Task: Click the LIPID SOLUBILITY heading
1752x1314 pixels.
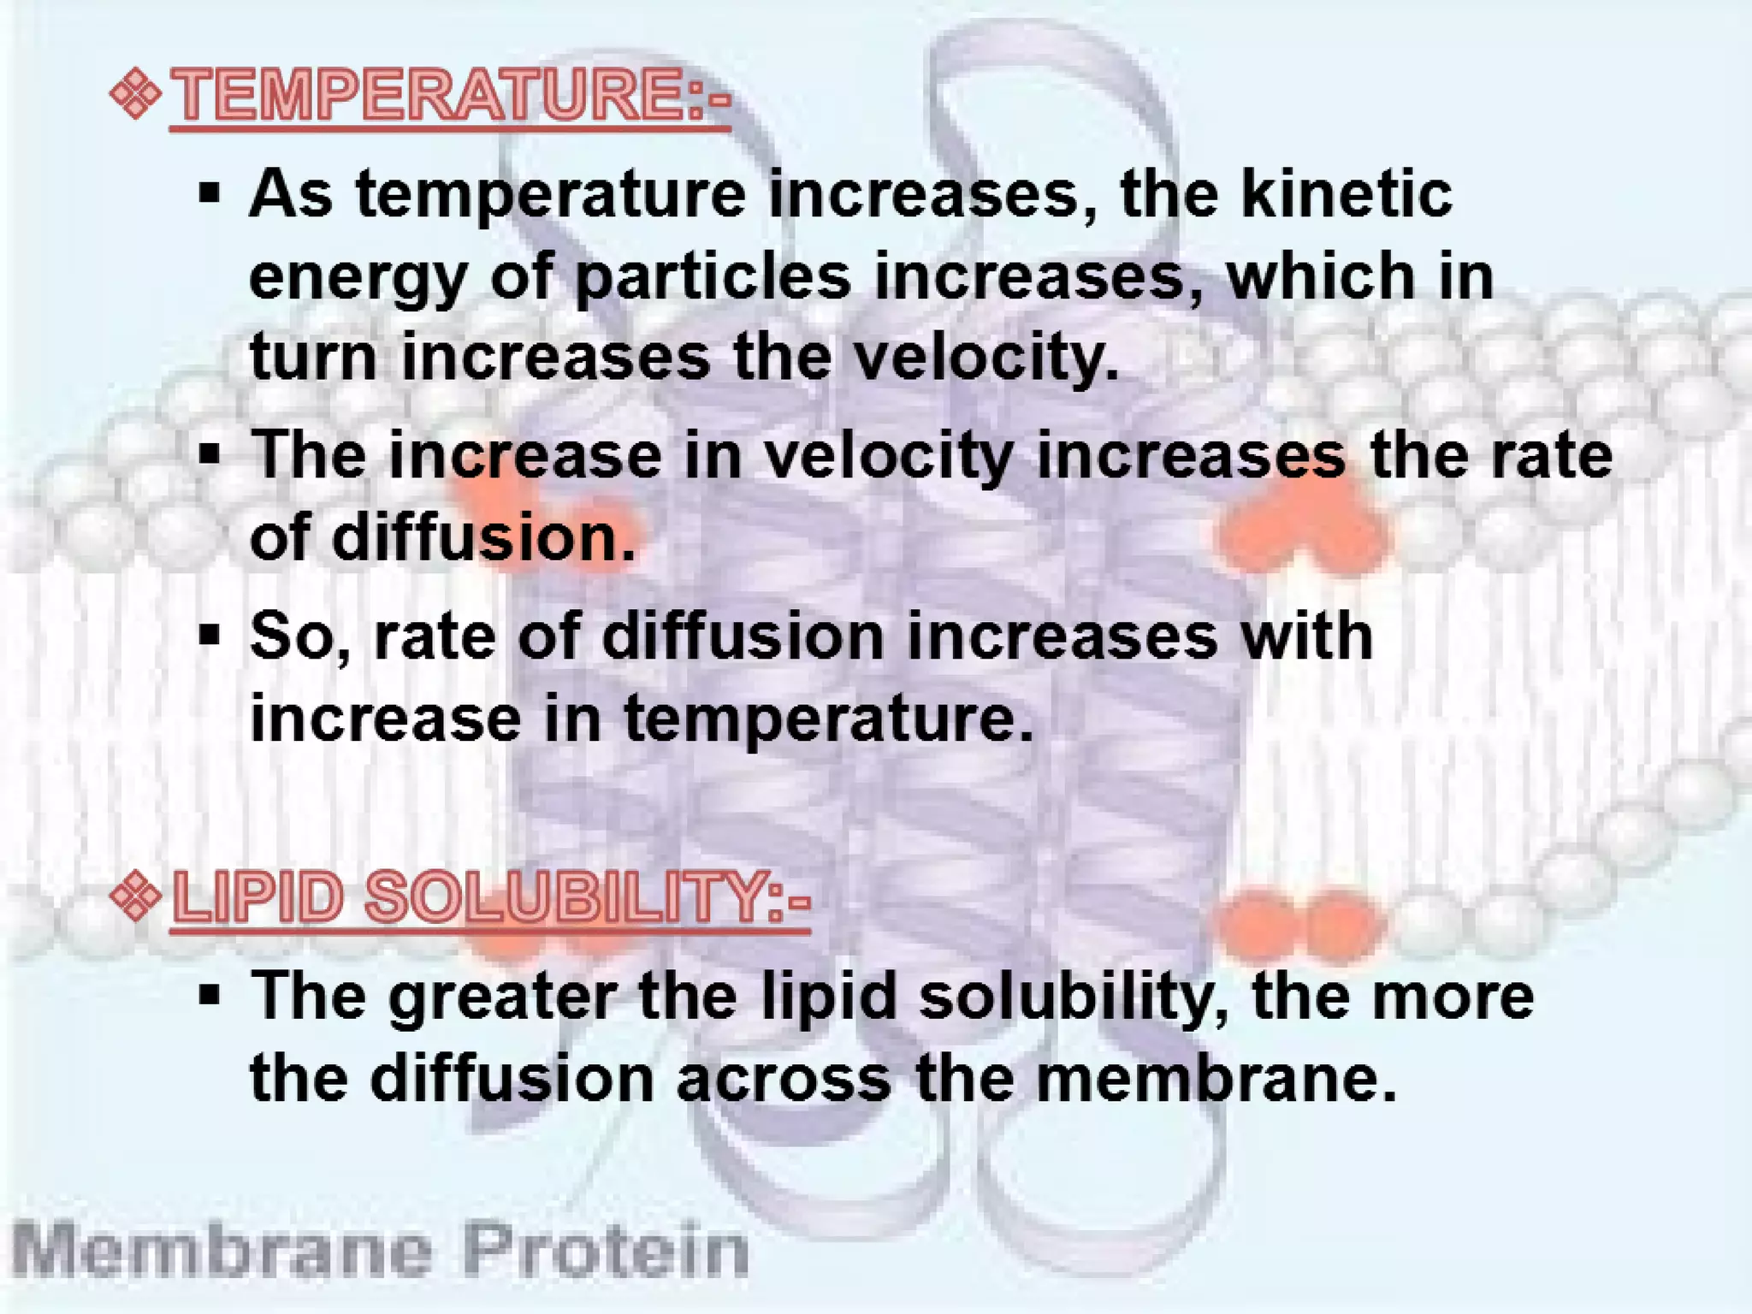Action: point(490,897)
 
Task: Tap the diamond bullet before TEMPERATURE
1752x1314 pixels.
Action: point(136,94)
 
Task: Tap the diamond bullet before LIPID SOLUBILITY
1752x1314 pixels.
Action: point(136,897)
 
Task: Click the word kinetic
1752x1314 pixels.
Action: point(1347,194)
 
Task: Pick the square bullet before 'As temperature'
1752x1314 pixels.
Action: point(210,193)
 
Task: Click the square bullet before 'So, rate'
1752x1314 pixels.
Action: point(210,636)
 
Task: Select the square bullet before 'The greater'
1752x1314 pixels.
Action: point(210,995)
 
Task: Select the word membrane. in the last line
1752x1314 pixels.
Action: point(1216,1078)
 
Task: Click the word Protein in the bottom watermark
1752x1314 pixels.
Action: point(606,1252)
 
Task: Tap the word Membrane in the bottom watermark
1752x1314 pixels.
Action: point(222,1252)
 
